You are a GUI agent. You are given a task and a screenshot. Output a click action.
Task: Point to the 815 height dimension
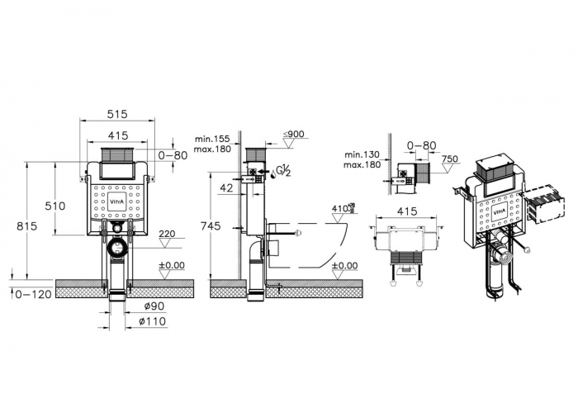[x=25, y=226]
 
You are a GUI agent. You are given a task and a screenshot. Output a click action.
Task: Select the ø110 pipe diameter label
[x=154, y=321]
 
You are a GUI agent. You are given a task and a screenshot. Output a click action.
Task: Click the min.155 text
[x=211, y=139]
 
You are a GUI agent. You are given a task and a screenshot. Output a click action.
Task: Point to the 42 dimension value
[x=225, y=187]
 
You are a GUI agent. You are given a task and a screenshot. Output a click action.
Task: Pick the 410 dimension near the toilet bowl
[x=341, y=209]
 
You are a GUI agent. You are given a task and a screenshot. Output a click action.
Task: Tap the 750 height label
[x=449, y=159]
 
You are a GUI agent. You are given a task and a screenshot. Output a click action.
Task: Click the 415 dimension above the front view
[x=117, y=135]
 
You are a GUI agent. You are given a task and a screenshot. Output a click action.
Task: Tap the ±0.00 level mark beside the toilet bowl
[x=343, y=265]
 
